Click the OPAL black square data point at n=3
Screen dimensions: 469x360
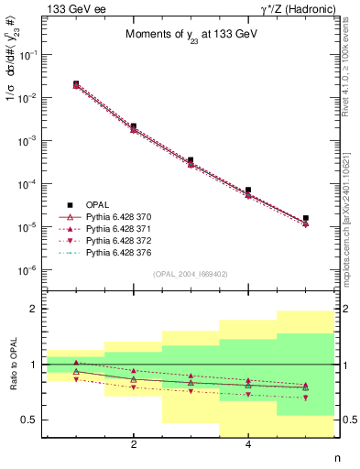(191, 159)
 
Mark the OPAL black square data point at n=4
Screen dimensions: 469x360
(248, 190)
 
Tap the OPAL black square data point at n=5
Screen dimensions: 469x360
(305, 218)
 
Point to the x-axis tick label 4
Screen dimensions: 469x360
(248, 444)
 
